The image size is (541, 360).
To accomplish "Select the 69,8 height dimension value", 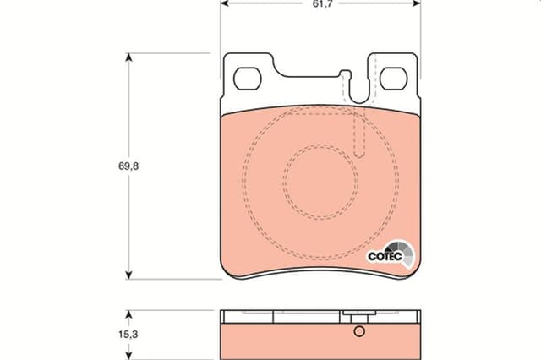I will click(x=128, y=166).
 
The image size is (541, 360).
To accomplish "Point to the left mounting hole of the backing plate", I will click(x=248, y=79).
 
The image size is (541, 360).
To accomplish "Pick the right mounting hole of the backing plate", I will click(x=393, y=79).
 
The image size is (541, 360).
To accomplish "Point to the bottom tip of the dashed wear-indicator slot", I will click(x=358, y=157).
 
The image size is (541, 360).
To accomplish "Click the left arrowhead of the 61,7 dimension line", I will click(x=224, y=3).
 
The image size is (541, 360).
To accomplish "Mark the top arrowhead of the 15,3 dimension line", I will click(x=128, y=313).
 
